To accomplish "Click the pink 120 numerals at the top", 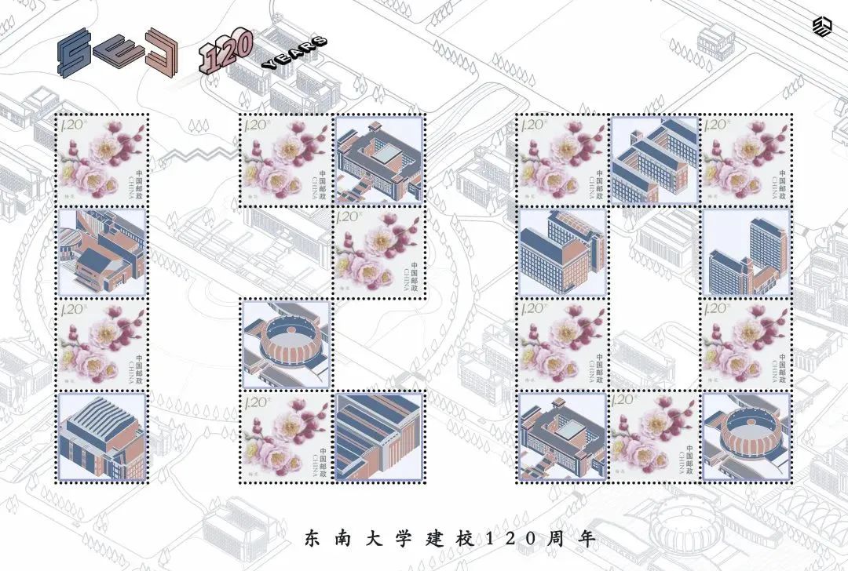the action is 226,52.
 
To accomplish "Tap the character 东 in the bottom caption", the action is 313,540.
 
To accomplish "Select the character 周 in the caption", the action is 576,540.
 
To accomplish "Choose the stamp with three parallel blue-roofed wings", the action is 655,160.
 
